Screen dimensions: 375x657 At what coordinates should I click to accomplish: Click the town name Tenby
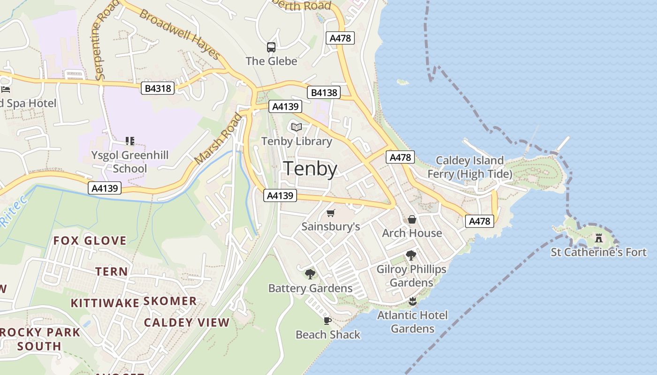(311, 169)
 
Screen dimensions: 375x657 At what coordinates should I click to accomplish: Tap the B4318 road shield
(158, 88)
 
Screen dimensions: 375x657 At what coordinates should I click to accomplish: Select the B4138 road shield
(324, 92)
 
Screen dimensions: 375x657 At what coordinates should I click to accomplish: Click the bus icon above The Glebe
(271, 47)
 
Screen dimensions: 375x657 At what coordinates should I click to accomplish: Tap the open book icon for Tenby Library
(296, 127)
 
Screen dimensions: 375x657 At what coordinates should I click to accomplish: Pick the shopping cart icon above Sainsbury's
(331, 213)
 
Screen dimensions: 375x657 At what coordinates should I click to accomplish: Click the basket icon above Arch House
(412, 219)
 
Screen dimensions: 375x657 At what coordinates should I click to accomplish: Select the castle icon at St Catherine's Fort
(598, 238)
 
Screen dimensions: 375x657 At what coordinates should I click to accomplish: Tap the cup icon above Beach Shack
(328, 321)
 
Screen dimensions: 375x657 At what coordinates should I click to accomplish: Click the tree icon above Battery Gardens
(310, 274)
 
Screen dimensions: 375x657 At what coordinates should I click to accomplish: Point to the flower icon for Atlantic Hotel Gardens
(413, 301)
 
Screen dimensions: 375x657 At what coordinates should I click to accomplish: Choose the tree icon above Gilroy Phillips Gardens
(411, 255)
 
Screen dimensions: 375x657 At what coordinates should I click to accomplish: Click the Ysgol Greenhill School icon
(130, 141)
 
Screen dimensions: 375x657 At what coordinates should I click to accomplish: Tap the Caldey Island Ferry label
(469, 167)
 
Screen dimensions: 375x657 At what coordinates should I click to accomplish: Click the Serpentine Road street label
(103, 45)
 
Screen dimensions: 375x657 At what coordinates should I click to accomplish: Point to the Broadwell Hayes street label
(180, 35)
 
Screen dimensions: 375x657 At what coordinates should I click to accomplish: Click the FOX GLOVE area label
(90, 241)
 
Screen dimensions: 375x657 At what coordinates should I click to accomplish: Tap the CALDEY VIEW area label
(186, 322)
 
